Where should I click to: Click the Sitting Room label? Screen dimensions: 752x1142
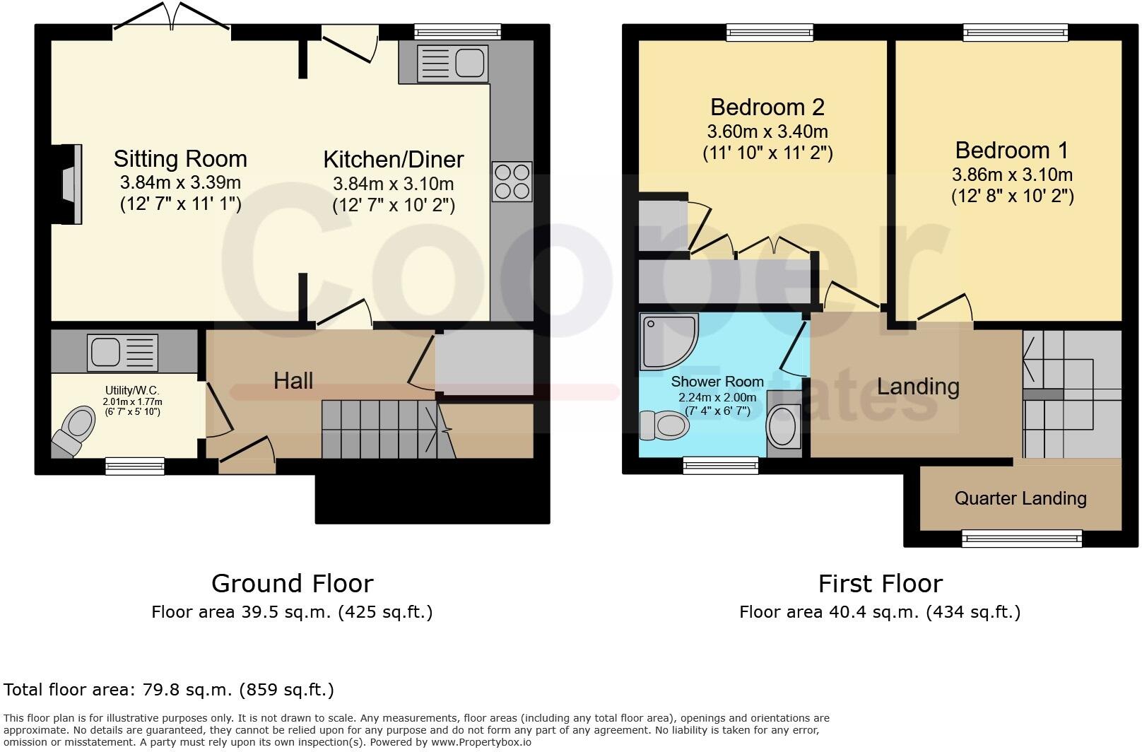tap(180, 159)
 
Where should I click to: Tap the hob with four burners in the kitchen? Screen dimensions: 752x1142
tap(512, 182)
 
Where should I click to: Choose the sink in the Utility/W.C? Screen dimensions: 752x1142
tap(122, 352)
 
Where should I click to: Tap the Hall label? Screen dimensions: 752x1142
tap(293, 381)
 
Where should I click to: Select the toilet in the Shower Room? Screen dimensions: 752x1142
tap(664, 425)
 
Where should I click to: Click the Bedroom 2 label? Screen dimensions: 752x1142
tap(767, 107)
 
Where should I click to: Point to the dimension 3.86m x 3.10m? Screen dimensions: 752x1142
tap(1012, 175)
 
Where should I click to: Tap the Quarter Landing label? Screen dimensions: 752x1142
tap(1020, 498)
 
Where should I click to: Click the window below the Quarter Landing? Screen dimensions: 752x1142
tap(1021, 539)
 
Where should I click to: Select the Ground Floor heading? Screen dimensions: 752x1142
tap(292, 584)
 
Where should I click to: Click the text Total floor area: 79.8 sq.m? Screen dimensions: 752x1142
tap(169, 690)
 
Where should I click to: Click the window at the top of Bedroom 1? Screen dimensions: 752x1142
tap(1016, 32)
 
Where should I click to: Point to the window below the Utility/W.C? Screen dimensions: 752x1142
tap(135, 465)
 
